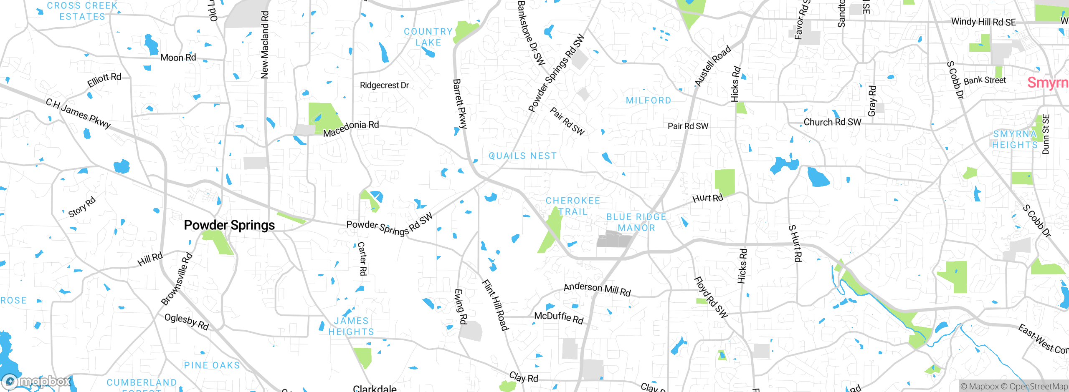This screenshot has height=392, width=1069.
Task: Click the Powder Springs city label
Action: coord(229,225)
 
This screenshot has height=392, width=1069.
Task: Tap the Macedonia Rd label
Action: coord(351,128)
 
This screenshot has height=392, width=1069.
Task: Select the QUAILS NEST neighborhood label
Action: coord(523,156)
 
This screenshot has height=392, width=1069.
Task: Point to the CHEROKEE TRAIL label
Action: coord(573,206)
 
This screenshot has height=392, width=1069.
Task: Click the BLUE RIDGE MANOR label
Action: coord(636,222)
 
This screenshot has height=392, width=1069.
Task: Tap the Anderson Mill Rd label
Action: coord(597,289)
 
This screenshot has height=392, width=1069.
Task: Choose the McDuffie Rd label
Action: coord(559,317)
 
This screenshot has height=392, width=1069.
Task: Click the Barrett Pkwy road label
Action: coord(460,103)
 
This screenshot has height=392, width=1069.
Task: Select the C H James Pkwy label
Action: coord(78,113)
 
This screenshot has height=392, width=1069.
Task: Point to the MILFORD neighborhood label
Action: coord(648,101)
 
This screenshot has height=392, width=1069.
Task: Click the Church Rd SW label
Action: coord(832,122)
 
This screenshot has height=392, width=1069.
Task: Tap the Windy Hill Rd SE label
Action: coord(983,22)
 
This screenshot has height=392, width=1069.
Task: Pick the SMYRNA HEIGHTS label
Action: coord(1015,139)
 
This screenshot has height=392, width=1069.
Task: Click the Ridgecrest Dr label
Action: coord(384,85)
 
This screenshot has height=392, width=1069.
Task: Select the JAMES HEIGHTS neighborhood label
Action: coord(351,326)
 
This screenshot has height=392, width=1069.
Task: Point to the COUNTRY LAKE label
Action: coord(428,37)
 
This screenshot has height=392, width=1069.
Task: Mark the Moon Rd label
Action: coord(178,58)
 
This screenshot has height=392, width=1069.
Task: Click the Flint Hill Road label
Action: coord(495,305)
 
